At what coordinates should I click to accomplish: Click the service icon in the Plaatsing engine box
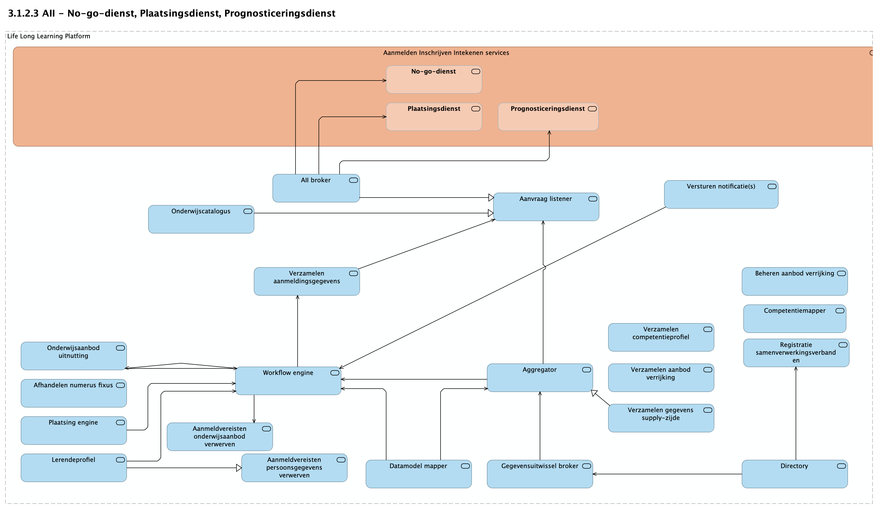(x=120, y=423)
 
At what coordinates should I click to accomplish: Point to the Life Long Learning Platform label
(x=48, y=36)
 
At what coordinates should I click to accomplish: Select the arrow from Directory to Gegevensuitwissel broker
(x=667, y=474)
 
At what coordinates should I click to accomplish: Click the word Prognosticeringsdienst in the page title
(x=279, y=13)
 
